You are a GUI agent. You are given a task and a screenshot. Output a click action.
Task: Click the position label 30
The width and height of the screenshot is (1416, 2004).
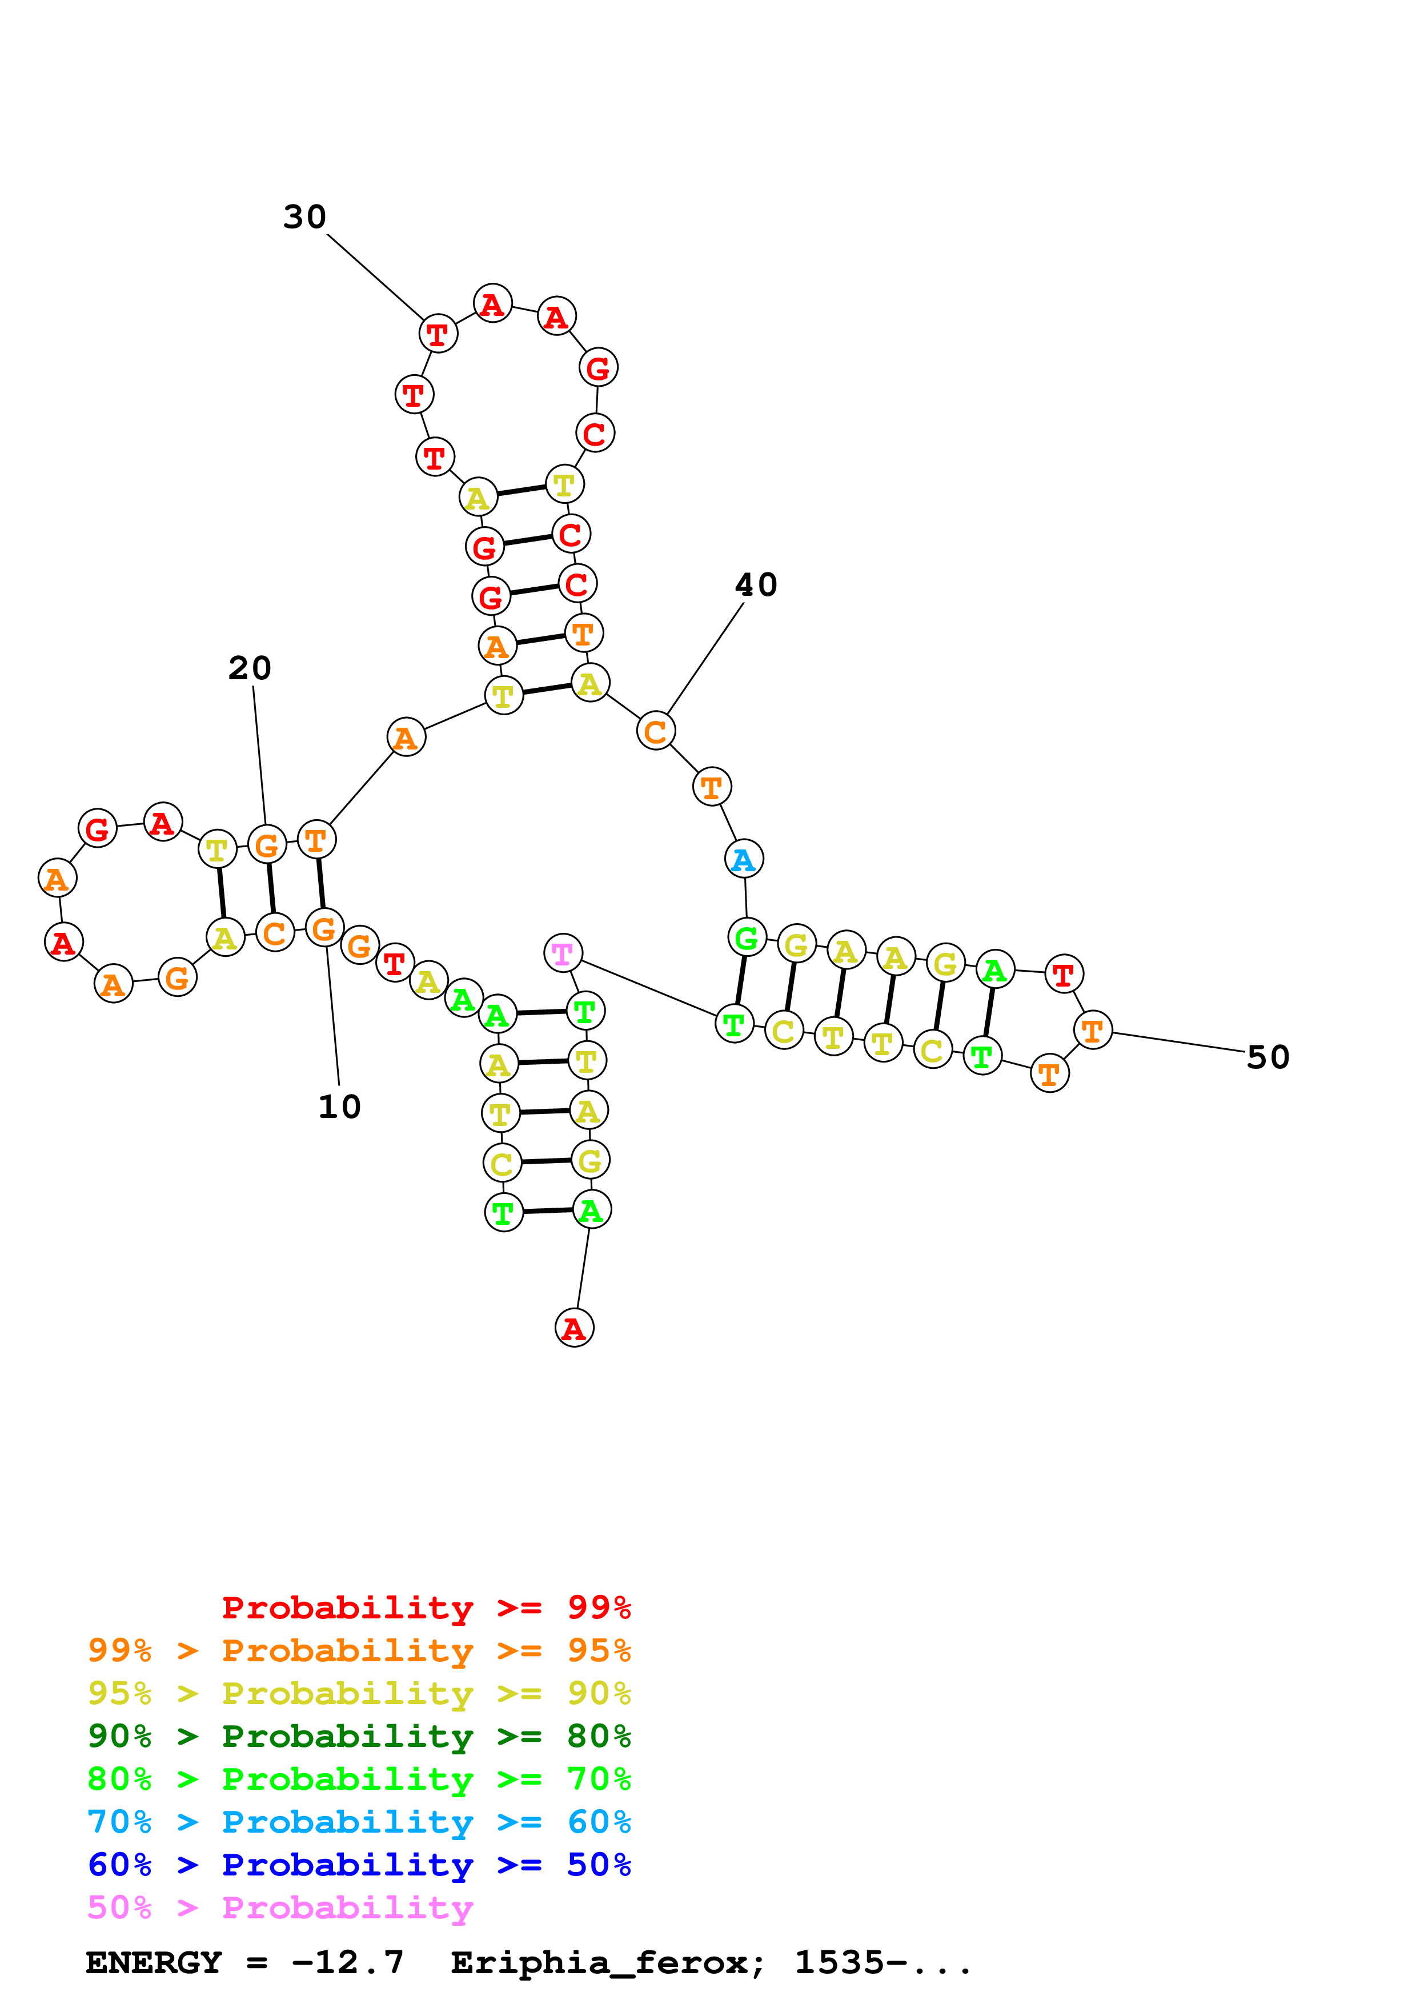304,217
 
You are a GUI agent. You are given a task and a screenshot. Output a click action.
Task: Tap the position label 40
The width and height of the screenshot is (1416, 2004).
756,585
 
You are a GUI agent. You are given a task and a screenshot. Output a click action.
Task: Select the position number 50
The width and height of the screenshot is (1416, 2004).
1267,1057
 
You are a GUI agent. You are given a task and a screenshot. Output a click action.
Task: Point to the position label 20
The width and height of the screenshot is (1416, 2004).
250,668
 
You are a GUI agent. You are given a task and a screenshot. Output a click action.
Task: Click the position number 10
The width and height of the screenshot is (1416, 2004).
339,1107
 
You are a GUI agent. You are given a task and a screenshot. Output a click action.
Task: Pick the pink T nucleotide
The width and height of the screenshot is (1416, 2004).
563,953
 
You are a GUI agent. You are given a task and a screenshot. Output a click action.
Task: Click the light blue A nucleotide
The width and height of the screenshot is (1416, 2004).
744,860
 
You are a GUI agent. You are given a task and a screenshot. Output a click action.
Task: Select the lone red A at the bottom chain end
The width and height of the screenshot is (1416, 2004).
574,1328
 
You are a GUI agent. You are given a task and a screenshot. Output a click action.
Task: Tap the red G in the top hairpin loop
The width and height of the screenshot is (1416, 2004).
599,367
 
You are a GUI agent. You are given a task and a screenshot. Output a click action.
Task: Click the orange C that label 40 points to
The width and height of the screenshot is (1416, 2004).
656,731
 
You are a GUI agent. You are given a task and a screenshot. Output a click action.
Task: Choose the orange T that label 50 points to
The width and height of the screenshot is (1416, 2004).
1093,1031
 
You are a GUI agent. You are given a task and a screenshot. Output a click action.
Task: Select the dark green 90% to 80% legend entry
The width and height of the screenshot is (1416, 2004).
359,1736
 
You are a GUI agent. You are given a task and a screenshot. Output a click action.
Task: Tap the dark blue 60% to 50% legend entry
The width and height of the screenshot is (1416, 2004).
359,1865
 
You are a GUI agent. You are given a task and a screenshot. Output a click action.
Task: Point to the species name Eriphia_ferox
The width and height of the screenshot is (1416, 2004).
607,1962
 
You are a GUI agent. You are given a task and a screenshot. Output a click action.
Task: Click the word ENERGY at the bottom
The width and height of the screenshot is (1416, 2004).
154,1962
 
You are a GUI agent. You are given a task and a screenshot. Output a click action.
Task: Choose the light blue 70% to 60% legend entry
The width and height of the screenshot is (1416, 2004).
359,1822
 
